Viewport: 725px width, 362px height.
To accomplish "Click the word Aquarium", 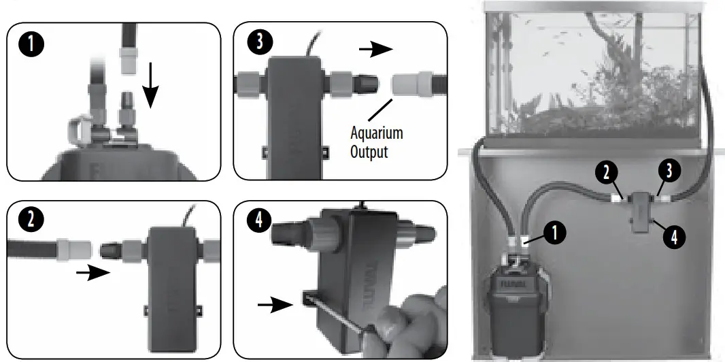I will (376, 133).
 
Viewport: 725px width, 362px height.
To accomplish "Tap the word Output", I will (369, 151).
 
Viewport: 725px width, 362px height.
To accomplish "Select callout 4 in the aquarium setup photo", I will (673, 237).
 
